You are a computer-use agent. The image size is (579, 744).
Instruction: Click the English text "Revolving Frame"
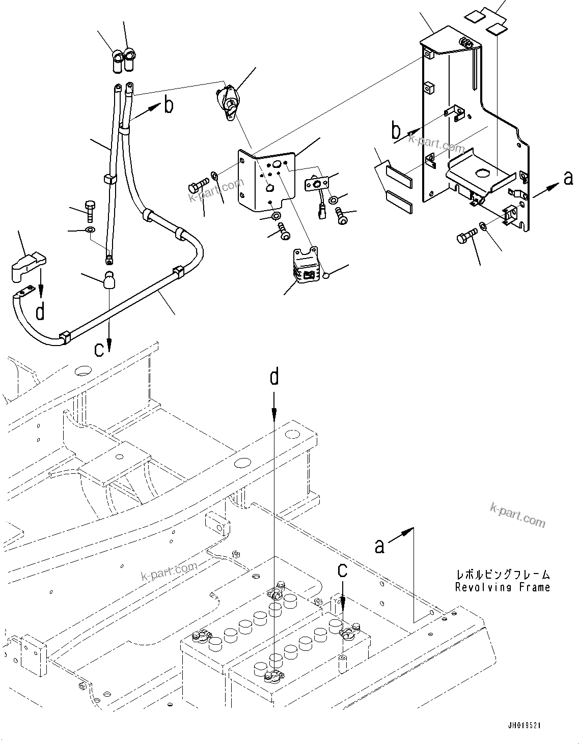point(503,587)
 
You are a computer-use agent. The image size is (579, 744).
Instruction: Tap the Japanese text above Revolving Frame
point(503,575)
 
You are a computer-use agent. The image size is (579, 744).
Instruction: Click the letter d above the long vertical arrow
point(274,377)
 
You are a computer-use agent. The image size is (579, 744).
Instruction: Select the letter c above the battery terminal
point(343,570)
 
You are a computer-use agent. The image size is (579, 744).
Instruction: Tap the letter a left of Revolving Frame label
point(379,546)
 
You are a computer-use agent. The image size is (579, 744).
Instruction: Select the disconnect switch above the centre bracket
point(227,102)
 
